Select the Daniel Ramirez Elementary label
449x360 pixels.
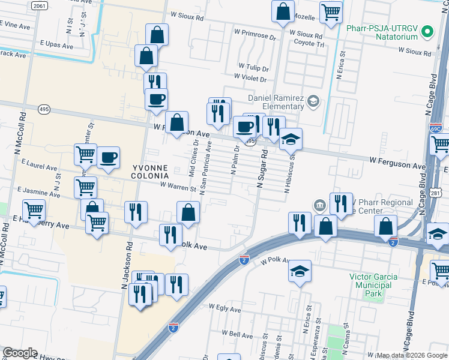276,102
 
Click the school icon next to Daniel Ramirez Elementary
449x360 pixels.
312,101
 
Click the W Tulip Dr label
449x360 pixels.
253,67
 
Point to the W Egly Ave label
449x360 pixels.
224,307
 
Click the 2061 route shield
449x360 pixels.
39,5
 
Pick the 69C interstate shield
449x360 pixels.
436,128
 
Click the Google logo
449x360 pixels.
20,353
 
